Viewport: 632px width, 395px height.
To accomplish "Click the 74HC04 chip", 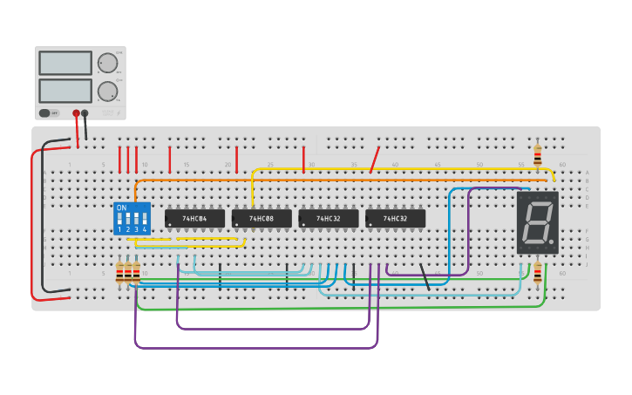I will point(194,218).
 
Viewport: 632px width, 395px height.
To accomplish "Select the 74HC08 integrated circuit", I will point(262,218).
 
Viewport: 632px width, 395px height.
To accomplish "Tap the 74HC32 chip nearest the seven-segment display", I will point(395,218).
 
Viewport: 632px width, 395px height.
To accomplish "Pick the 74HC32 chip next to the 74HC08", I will point(328,218).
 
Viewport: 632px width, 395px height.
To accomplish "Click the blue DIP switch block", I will point(132,219).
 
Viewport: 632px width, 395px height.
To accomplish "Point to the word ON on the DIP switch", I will point(121,208).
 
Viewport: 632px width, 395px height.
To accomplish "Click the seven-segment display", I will point(537,222).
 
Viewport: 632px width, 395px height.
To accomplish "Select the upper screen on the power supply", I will point(65,63).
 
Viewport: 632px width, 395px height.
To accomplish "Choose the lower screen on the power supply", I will point(65,91).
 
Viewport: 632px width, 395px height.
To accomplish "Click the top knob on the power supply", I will point(107,63).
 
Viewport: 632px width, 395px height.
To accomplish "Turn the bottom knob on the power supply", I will point(107,91).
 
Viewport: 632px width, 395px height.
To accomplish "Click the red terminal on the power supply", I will point(76,113).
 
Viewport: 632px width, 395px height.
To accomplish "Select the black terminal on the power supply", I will point(85,113).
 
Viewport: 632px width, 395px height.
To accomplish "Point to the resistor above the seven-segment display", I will point(537,155).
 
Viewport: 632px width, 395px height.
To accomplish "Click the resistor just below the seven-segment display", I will point(537,273).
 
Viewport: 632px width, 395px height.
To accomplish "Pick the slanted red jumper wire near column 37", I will point(375,160).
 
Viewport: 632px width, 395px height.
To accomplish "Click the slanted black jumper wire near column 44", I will point(425,276).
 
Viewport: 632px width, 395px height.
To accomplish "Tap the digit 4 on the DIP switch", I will point(145,229).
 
